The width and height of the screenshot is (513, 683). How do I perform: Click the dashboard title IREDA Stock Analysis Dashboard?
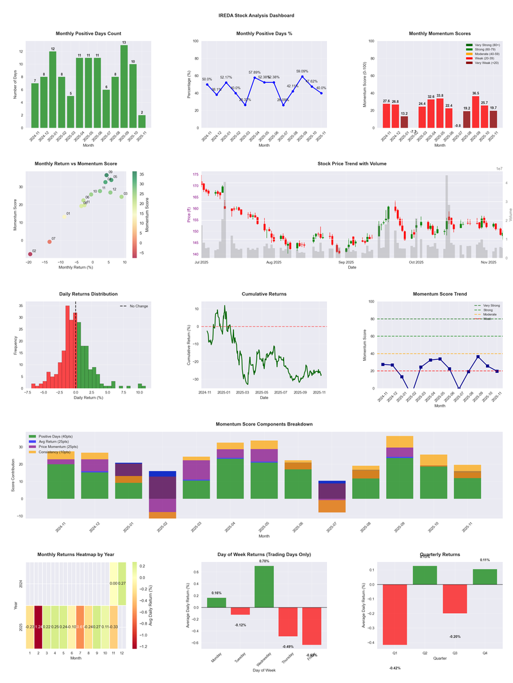coord(256,15)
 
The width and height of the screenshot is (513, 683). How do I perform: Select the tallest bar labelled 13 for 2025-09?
coord(124,86)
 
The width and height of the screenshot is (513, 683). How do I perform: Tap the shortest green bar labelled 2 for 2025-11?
coord(142,121)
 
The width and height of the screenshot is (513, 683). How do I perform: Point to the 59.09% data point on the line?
coord(302,77)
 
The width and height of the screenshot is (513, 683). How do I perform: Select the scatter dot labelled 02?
coord(29,254)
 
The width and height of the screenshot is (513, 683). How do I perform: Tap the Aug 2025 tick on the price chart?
coord(274,262)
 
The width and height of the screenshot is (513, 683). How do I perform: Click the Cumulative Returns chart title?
coord(264,294)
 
